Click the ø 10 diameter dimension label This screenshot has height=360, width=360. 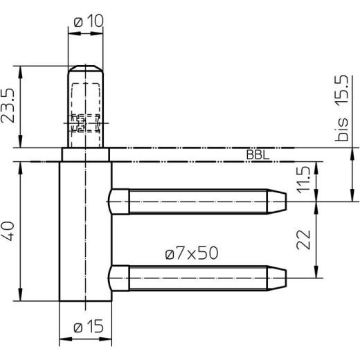pos(87,21)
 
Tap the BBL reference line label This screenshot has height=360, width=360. pos(257,155)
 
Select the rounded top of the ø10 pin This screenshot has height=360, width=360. pos(86,69)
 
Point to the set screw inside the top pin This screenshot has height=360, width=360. pos(84,123)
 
